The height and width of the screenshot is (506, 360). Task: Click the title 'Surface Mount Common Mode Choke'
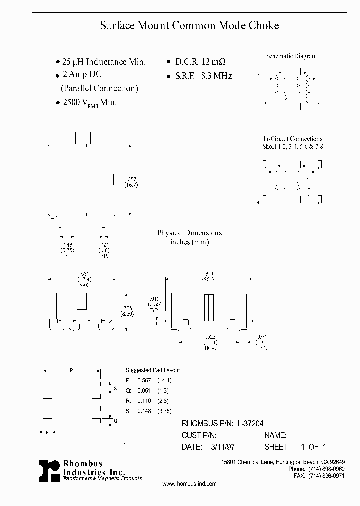coord(189,26)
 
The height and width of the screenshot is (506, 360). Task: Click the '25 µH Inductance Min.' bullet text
coord(103,62)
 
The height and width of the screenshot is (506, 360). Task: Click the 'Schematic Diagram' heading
coord(291,56)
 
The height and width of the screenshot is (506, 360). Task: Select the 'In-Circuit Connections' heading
coord(292,139)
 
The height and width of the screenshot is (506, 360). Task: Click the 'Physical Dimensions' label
coord(189,233)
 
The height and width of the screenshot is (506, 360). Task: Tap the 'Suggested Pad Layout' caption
coord(152,370)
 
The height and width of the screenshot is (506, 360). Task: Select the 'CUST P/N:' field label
coord(199,435)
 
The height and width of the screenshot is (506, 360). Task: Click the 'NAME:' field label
coord(275,435)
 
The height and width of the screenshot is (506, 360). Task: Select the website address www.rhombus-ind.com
coord(190,484)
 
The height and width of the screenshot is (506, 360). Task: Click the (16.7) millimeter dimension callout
coord(131,185)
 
